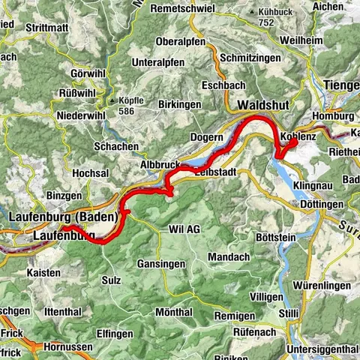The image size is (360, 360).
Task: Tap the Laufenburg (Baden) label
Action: (64, 217)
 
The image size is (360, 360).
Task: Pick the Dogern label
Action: (208, 137)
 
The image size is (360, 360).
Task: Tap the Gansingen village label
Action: (163, 264)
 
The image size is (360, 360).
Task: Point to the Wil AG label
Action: (185, 229)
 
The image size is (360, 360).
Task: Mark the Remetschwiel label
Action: (182, 8)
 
